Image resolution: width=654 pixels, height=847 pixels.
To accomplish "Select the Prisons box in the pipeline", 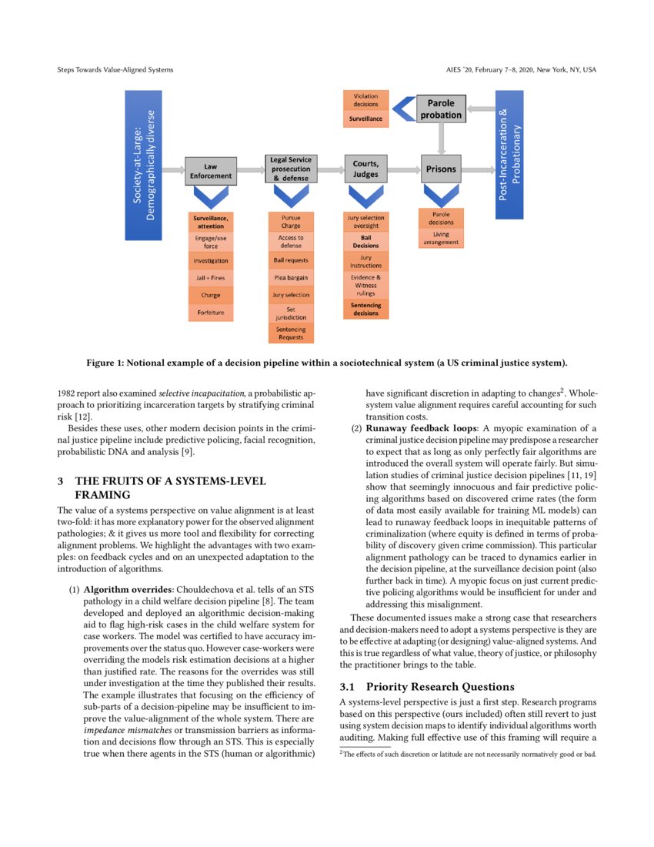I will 441,169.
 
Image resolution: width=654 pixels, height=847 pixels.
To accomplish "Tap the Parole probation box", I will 441,109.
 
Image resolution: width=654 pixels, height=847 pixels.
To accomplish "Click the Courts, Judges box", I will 365,169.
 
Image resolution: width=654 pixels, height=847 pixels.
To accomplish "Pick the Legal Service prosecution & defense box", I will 290,169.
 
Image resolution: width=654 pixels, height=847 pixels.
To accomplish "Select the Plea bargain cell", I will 291,277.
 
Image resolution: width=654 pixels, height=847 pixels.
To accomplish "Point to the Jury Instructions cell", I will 365,261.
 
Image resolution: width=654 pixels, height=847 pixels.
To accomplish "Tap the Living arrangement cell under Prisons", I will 441,238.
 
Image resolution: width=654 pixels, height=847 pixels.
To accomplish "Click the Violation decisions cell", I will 365,100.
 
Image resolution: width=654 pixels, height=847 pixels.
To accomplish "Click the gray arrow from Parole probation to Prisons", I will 441,139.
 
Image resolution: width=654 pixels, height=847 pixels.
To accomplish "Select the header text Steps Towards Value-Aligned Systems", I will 115,70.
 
